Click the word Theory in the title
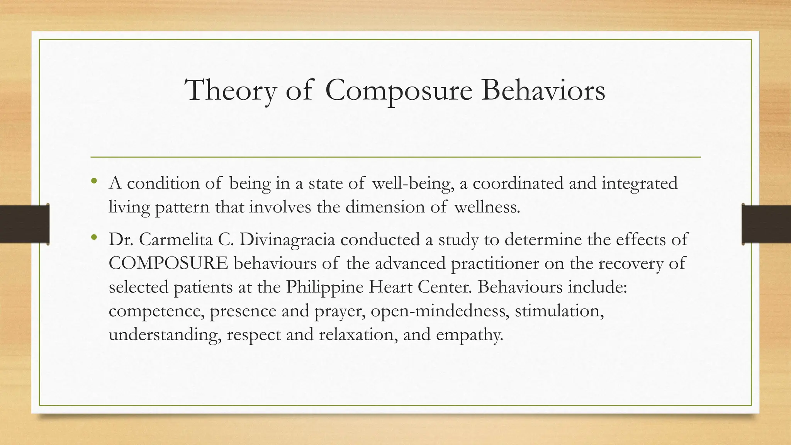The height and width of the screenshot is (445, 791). tap(231, 90)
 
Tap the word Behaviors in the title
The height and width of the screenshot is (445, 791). tap(543, 90)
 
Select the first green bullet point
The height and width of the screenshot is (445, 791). tap(94, 181)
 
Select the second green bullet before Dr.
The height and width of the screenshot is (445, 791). tap(94, 237)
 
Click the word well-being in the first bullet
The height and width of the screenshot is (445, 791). tap(412, 183)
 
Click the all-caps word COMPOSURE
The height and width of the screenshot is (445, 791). tap(168, 263)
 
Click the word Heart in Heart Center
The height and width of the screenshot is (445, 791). tap(390, 287)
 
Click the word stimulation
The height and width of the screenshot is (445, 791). tap(559, 311)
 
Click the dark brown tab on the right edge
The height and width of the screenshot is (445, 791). tap(766, 224)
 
